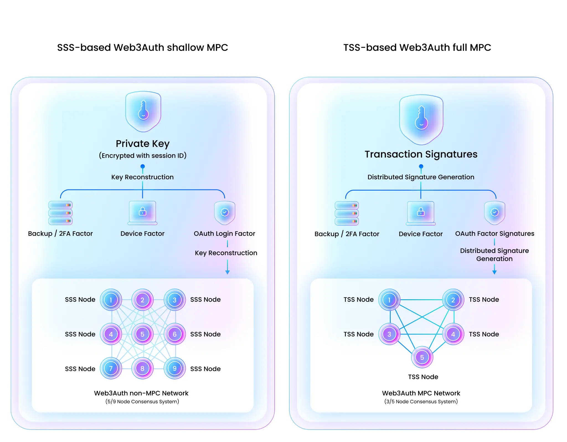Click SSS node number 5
142,334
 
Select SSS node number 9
174,369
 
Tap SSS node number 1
111,300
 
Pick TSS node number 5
422,357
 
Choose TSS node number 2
453,300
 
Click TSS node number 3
389,334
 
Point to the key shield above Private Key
143,111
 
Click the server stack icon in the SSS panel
60,213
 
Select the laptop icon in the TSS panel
421,213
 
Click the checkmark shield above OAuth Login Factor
225,213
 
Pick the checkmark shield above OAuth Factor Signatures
495,213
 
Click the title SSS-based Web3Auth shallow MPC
143,47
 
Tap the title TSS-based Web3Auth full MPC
417,47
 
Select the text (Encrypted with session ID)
143,155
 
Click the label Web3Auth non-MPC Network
141,393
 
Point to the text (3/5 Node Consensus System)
421,402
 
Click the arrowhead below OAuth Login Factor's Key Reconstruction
228,272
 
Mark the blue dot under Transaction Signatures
421,166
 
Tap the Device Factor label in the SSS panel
142,234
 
